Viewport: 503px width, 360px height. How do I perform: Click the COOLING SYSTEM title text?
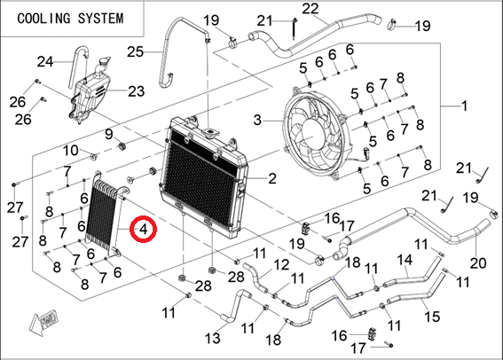click(70, 19)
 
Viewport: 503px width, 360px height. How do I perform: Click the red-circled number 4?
click(144, 229)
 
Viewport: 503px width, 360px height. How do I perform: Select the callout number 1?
click(464, 106)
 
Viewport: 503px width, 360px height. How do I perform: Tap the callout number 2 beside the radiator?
click(272, 178)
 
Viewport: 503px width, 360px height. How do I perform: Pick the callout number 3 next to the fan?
click(257, 121)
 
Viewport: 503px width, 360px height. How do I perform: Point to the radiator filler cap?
click(210, 132)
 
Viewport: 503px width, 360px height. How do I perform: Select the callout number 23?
click(136, 91)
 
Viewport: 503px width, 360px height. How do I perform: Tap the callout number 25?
click(135, 51)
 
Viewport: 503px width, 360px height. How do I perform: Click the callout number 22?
click(310, 9)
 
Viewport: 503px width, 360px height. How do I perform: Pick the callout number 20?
click(478, 263)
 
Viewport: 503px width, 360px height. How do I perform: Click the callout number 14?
click(405, 260)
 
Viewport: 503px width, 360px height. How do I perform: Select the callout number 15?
click(432, 317)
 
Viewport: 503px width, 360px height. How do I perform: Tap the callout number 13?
click(213, 338)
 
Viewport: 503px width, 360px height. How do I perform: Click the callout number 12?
click(281, 265)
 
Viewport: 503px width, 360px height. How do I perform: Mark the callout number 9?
click(109, 134)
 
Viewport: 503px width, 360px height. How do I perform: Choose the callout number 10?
click(71, 150)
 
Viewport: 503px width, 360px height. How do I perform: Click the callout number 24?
click(45, 61)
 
